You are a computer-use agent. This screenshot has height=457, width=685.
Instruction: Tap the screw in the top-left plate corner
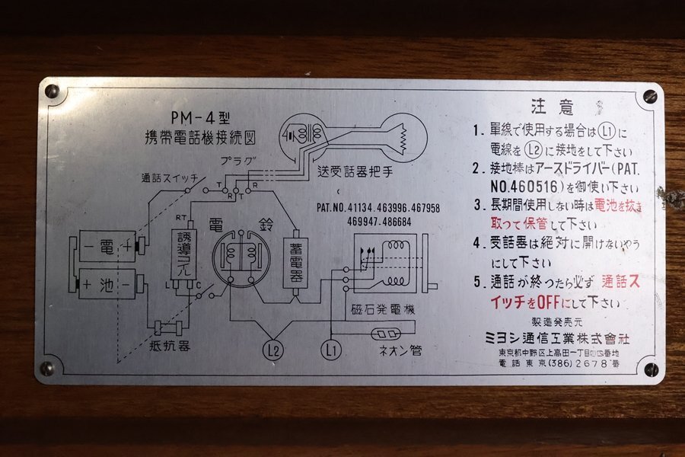(52, 91)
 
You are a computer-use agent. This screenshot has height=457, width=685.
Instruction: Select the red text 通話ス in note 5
(620, 280)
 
